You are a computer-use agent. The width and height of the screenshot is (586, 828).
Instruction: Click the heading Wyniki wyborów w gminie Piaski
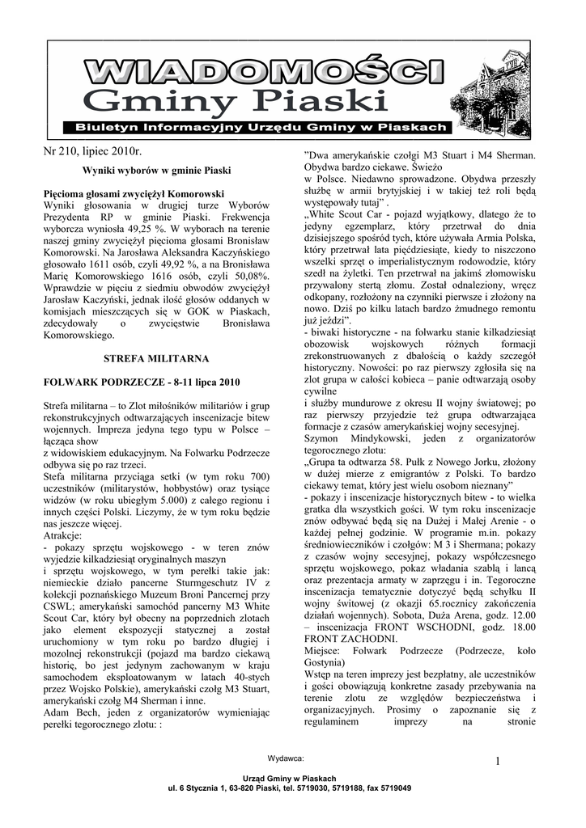157,171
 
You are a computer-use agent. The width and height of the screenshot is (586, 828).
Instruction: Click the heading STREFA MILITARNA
157,357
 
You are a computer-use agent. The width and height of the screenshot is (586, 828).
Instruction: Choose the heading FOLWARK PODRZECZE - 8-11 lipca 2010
142,381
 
